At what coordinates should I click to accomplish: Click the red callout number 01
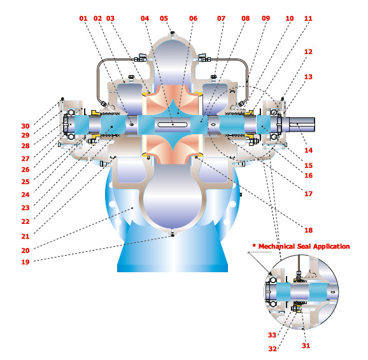point(83,18)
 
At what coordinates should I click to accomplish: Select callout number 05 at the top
point(164,18)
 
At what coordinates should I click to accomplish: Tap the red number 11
point(308,18)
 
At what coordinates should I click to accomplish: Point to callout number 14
point(308,150)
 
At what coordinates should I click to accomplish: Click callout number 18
point(308,230)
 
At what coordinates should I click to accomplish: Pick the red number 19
point(25,262)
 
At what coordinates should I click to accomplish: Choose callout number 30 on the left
point(25,126)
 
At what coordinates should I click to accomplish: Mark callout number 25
point(25,182)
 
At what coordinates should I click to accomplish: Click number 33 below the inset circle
point(272,335)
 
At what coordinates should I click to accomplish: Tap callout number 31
point(306,345)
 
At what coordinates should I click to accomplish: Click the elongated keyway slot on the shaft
point(173,124)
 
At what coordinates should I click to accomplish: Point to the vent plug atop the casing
point(173,33)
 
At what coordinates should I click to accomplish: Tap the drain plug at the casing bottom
point(173,233)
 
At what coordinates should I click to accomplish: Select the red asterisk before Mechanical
point(254,246)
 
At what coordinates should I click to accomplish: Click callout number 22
point(25,221)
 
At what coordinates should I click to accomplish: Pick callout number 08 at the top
point(246,18)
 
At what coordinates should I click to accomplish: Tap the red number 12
point(308,52)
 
